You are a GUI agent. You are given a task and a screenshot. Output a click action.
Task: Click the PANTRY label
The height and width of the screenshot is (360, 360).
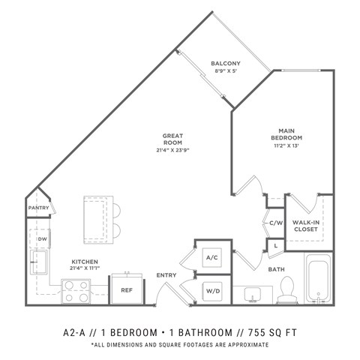pos(38,208)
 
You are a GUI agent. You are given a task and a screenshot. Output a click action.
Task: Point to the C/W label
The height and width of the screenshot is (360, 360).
pos(274,222)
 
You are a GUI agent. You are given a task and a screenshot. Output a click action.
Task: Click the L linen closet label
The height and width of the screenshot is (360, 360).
pos(274,245)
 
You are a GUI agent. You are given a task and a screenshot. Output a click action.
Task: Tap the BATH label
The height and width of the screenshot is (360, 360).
pos(276,268)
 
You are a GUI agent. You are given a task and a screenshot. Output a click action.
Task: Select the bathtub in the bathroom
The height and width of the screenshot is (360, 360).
pos(320,280)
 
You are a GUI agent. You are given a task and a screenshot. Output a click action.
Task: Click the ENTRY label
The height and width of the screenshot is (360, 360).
pos(166,275)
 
